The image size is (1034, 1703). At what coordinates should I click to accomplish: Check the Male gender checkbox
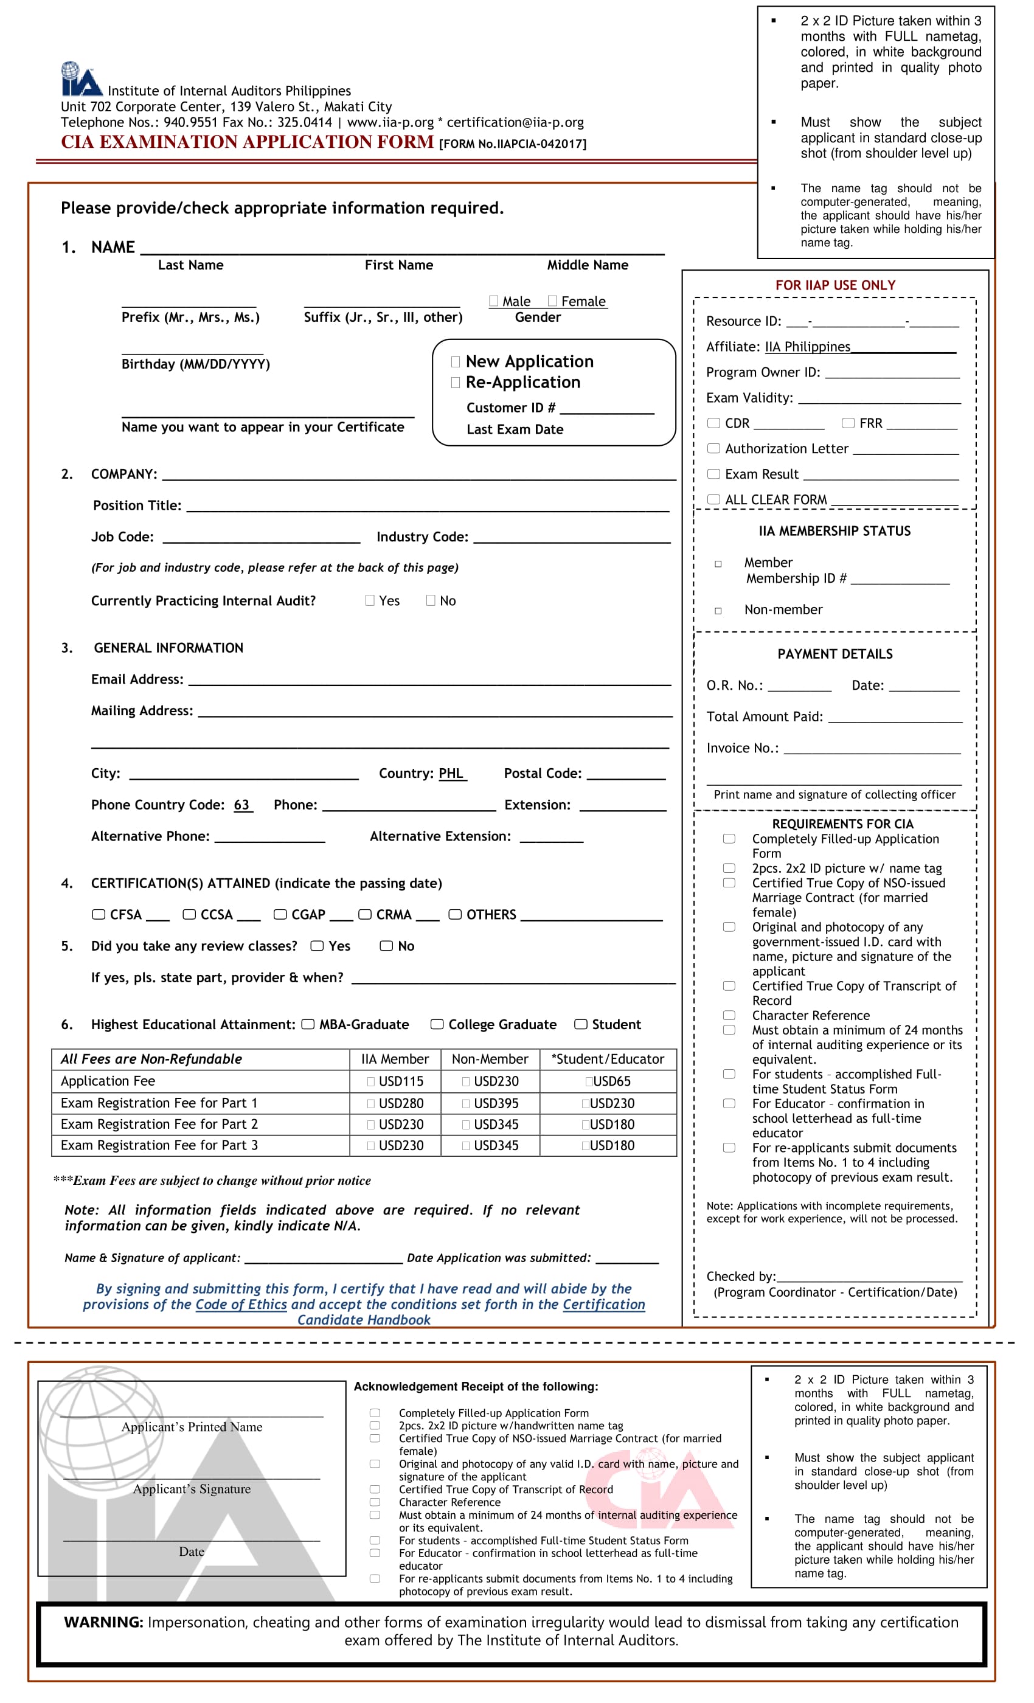(493, 300)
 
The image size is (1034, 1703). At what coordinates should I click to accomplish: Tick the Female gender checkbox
(552, 300)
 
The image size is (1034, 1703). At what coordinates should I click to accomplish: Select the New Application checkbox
(456, 361)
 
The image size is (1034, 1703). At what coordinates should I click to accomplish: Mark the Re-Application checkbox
(456, 382)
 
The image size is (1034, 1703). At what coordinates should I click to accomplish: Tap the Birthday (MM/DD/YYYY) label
(196, 364)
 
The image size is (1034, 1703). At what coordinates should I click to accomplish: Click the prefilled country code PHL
(451, 774)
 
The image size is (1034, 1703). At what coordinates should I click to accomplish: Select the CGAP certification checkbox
(280, 914)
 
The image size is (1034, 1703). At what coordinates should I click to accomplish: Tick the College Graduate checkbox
(437, 1024)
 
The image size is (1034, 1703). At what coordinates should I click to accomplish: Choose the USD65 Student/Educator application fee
(608, 1081)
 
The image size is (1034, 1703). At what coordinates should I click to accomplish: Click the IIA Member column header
(395, 1060)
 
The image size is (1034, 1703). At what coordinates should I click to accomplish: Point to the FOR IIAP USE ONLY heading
(835, 285)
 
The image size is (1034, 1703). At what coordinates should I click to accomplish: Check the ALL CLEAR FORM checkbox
(714, 499)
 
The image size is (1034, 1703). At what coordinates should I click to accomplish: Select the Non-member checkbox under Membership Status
(718, 611)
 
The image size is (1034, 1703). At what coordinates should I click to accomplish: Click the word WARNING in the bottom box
(103, 1622)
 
